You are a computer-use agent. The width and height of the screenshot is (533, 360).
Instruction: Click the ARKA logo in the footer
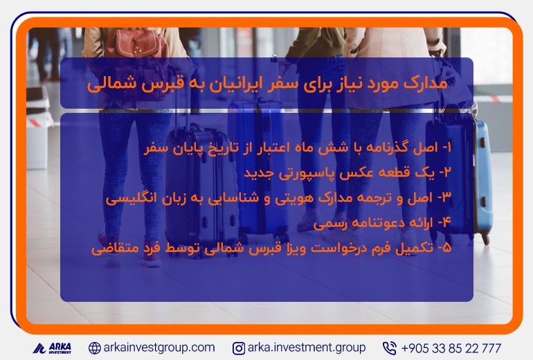tap(52, 348)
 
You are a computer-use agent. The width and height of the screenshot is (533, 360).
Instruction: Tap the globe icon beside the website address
tap(95, 348)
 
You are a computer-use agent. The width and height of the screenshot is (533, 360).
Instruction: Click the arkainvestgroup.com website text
tap(159, 348)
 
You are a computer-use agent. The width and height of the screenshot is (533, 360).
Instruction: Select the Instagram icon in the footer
tap(239, 348)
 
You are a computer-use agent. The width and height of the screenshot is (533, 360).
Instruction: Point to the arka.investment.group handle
tap(307, 348)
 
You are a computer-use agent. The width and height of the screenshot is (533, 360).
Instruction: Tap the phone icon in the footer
tap(390, 348)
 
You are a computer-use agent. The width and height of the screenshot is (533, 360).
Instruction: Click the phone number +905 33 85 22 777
tap(451, 348)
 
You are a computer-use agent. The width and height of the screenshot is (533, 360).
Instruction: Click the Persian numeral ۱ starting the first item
tap(448, 147)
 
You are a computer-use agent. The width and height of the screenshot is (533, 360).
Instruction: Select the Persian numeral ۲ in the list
tap(447, 172)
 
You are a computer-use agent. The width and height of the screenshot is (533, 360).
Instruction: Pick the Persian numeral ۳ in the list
tap(446, 197)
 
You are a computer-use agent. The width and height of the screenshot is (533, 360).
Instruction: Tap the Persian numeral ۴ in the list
tap(446, 222)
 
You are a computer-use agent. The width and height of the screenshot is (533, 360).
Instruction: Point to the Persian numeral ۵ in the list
tap(447, 247)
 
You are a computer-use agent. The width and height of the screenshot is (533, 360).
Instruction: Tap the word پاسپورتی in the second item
tap(305, 173)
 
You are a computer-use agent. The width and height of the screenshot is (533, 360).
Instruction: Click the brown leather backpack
tap(136, 44)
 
